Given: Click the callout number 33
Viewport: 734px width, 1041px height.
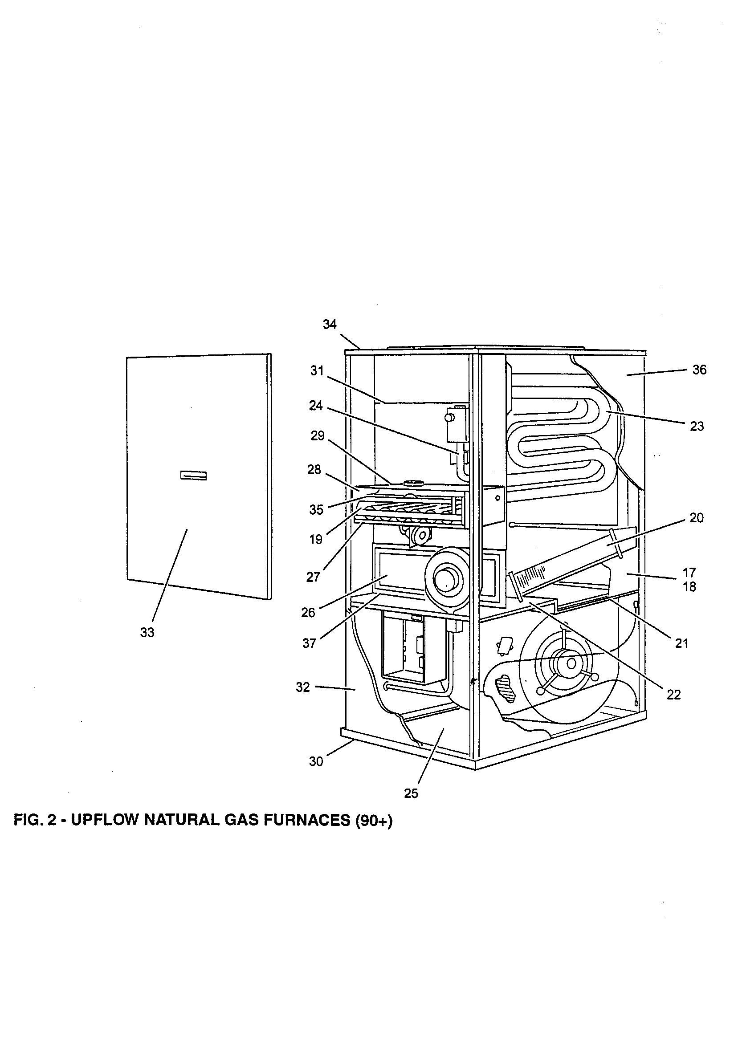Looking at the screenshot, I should [x=147, y=633].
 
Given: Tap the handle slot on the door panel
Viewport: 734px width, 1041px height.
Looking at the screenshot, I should [x=193, y=475].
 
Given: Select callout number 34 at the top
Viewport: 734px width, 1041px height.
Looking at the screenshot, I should [x=330, y=324].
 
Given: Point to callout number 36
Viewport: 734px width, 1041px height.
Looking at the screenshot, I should [x=699, y=370].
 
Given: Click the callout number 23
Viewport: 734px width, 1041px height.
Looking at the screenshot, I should [x=696, y=426].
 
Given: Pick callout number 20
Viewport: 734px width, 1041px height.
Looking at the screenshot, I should [x=696, y=518].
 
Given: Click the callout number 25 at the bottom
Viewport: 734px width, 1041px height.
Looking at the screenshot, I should [x=411, y=794].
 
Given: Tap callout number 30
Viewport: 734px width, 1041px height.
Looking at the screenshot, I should [x=316, y=762].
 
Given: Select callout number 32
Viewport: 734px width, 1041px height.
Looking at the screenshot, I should [x=302, y=687].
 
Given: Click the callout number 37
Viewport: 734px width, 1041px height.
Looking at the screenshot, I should [x=309, y=643].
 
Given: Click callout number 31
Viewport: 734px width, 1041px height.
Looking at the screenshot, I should [x=317, y=370].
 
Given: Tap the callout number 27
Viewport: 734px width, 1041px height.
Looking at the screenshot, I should [x=313, y=577].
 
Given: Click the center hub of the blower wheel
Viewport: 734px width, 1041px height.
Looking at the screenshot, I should [x=571, y=663].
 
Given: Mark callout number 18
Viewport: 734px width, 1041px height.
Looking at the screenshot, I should [x=689, y=587].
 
